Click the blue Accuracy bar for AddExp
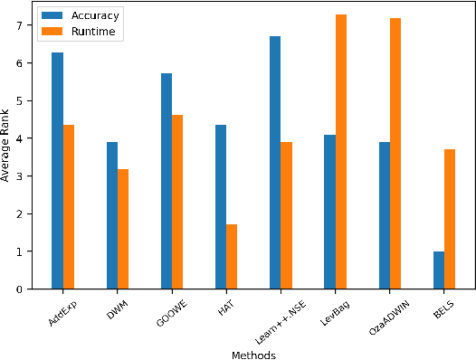coord(58,171)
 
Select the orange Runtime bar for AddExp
coord(69,207)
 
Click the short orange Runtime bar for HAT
coord(232,257)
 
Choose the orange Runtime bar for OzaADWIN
coord(395,154)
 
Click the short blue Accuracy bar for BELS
coord(438,270)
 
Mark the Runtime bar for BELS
coord(449,219)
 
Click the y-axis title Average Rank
coord(7,147)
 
